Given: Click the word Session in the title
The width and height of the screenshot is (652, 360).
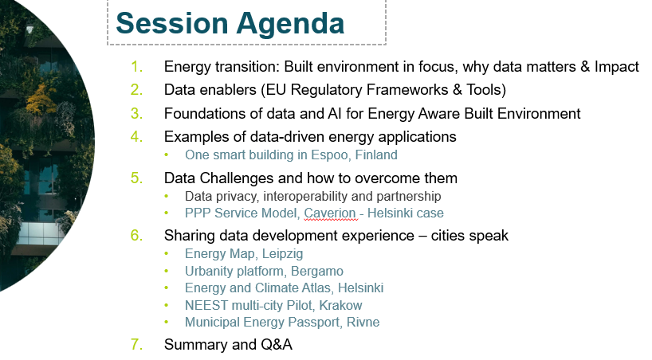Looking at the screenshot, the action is pos(171,23).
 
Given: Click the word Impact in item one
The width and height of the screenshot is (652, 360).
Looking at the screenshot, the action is pos(617,67).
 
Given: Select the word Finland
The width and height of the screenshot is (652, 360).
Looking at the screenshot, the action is pos(376,155).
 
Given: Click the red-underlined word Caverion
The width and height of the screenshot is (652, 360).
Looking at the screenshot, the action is pos(330,213).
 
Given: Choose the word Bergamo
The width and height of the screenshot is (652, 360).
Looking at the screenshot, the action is pos(317,272).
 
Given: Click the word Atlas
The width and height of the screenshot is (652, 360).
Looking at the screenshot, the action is pos(316,288).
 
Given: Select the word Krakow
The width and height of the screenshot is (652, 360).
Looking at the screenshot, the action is pos(340,305).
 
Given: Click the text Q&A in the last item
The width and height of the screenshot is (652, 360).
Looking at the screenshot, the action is pos(277,344).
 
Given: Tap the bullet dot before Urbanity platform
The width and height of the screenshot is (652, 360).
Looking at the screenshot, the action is pos(167,271).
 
